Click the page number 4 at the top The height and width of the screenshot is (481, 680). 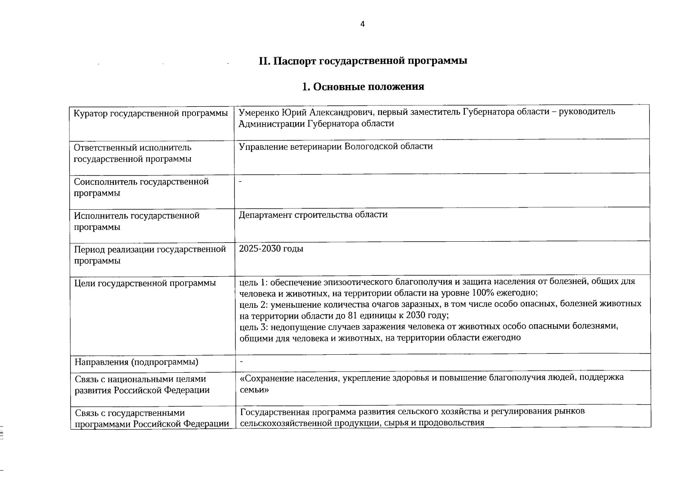click(363, 24)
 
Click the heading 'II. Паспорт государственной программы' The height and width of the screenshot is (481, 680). click(363, 61)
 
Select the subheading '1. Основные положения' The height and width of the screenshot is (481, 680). click(363, 87)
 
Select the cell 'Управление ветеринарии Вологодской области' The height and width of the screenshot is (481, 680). click(336, 146)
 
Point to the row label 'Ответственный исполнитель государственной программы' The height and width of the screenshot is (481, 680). click(133, 154)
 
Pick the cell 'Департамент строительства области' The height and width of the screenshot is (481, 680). click(313, 214)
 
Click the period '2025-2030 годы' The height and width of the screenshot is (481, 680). click(271, 249)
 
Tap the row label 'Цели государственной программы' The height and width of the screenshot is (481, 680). click(145, 283)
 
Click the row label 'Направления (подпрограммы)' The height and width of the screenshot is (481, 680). click(137, 362)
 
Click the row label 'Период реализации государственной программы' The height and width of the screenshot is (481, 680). click(150, 255)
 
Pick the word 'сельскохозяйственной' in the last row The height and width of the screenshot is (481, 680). click(283, 422)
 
